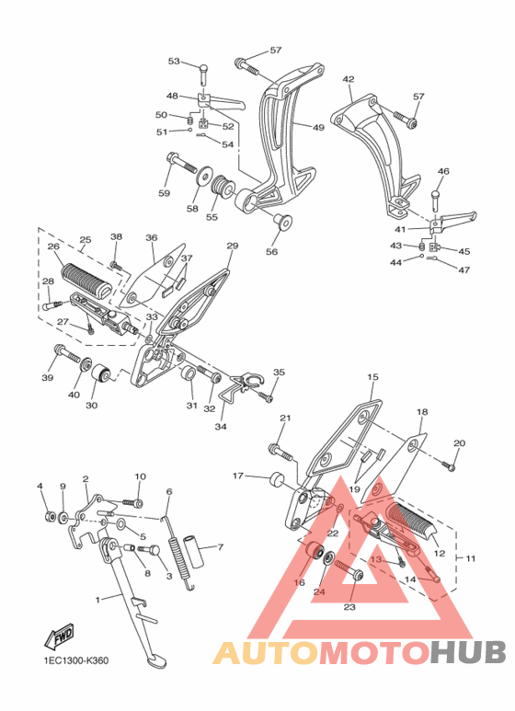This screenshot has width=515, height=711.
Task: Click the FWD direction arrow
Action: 59,636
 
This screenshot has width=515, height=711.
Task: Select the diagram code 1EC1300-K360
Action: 75,660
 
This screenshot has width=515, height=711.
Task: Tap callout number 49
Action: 318,128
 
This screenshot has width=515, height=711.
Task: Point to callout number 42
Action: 349,79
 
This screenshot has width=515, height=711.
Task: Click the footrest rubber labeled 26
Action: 86,279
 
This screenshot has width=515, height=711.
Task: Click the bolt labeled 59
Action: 182,163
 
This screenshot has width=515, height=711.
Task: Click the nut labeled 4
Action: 50,517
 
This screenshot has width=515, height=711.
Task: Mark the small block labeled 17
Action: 277,480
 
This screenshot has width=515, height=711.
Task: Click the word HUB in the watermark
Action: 468,652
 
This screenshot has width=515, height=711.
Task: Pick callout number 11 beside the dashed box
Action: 471,558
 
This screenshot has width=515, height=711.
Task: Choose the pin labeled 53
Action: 204,74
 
